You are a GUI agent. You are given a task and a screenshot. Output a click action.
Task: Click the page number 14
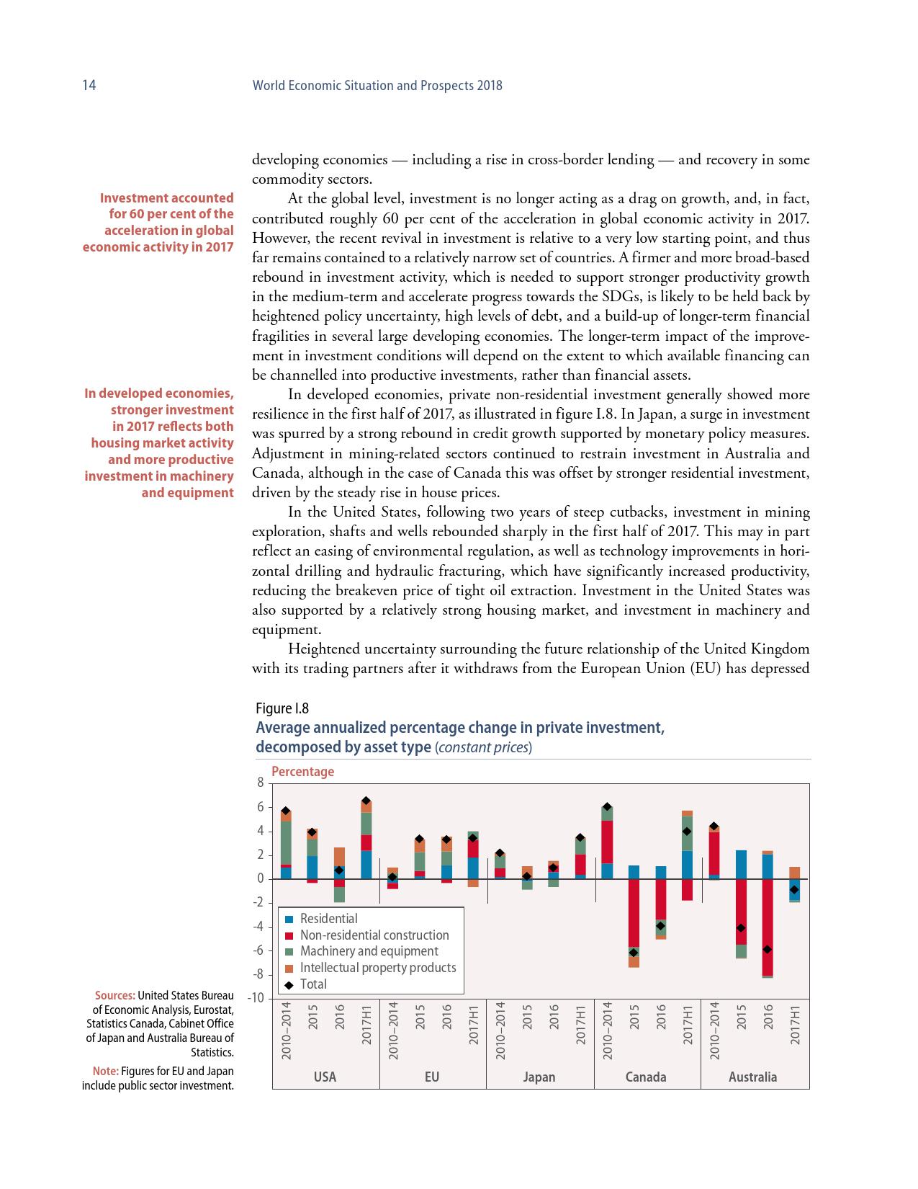pos(89,86)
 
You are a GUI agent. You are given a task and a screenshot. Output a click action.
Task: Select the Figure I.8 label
pos(282,708)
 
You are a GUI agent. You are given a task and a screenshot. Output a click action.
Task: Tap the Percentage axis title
pos(302,772)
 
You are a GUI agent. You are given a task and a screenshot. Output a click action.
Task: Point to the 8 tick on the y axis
pos(260,783)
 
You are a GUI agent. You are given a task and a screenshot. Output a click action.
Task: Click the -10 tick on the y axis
pos(256,999)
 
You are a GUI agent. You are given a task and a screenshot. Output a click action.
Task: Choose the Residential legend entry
pos(328,919)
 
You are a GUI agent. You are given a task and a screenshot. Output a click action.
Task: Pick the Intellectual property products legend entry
pos(377,968)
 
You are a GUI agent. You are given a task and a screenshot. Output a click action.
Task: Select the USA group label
pos(325,1077)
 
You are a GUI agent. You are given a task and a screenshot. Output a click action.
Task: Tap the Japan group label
pos(539,1077)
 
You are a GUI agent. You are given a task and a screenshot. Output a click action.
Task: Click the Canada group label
pos(646,1077)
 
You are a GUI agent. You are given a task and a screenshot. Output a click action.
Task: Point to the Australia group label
pos(752,1077)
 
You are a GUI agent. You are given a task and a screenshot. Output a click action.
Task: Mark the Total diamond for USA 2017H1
pos(366,801)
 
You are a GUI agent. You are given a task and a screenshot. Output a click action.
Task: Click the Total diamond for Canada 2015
pos(634,953)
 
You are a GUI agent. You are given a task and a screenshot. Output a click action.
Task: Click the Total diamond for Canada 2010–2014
pos(607,807)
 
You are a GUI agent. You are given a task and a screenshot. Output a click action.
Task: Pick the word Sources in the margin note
pos(115,996)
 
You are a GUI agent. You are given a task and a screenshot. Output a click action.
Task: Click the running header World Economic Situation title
pos(377,86)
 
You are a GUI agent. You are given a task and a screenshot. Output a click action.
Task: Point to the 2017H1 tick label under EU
pos(473,1023)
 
